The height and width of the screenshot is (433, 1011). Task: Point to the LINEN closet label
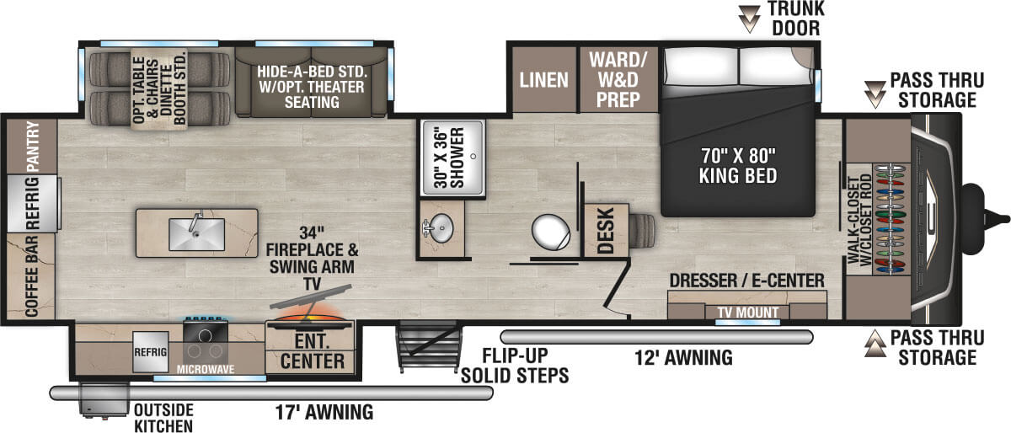[x=543, y=80]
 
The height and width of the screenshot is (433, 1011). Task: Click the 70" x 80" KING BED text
[x=736, y=166]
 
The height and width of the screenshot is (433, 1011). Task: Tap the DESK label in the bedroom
[x=603, y=232]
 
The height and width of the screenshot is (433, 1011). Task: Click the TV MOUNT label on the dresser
[x=741, y=311]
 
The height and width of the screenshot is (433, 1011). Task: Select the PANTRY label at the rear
[x=33, y=145]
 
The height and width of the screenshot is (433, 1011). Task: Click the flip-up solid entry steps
[x=429, y=347]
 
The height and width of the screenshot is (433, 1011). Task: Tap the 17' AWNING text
[x=324, y=413]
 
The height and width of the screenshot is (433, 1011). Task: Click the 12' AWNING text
[x=683, y=357]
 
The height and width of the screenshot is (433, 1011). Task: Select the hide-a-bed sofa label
[x=311, y=84]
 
